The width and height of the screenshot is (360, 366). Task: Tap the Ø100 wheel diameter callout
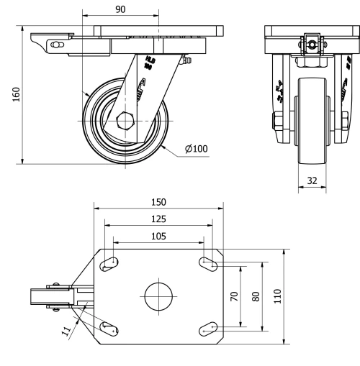point(196,149)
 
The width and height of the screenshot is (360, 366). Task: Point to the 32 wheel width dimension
point(311,181)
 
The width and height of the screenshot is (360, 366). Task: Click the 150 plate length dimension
point(159,201)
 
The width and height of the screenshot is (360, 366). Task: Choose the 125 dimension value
point(159,219)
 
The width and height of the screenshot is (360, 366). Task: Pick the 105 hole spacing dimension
point(159,236)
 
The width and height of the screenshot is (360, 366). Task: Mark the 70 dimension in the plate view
point(235,296)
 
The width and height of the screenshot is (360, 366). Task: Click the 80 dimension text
point(255,296)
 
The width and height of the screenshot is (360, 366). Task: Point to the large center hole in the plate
point(159,296)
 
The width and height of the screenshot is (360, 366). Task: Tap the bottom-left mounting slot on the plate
point(110,328)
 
